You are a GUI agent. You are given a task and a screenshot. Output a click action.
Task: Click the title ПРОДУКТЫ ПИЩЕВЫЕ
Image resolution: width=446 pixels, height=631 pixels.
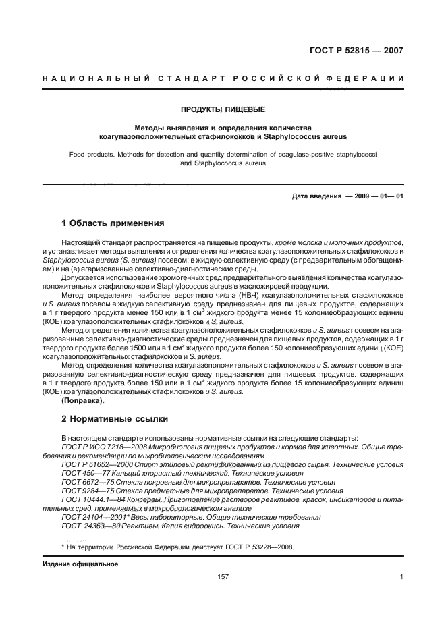223,109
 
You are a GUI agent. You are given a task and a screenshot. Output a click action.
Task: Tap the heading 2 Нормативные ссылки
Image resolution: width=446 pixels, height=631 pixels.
115,419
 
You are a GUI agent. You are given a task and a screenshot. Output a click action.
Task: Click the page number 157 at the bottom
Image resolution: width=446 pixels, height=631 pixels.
223,576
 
